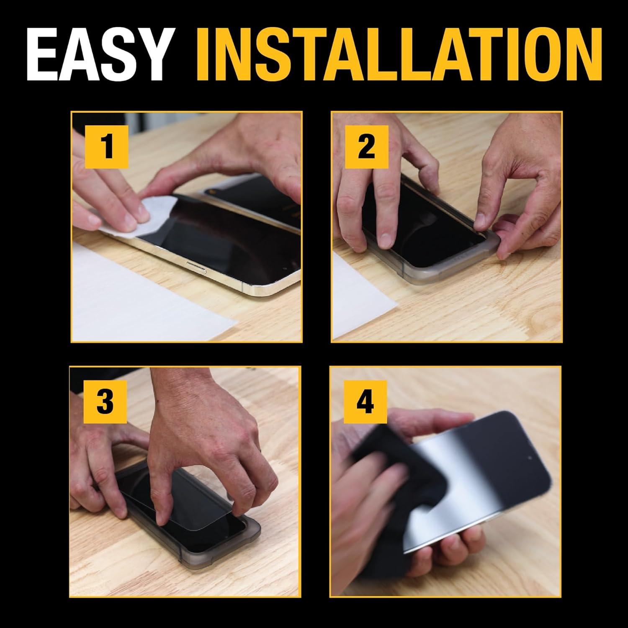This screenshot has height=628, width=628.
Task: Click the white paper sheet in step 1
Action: tap(138, 301)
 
